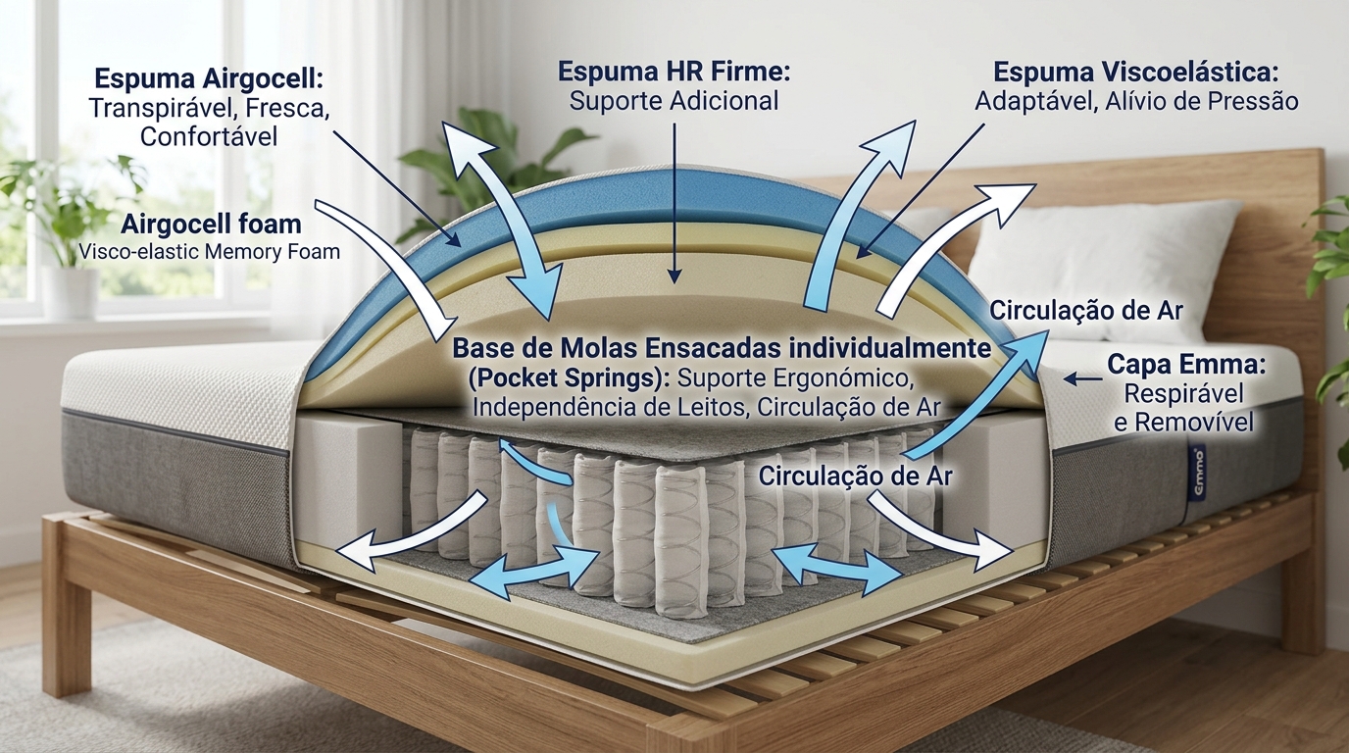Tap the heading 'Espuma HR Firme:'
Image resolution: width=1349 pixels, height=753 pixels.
coord(674,72)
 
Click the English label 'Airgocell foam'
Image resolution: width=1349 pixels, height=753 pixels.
coord(210,224)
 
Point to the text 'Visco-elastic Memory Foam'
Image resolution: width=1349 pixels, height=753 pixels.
coord(209,252)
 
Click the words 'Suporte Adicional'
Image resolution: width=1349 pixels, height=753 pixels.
coord(674,100)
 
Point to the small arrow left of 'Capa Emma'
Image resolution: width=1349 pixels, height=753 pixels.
coord(1081,376)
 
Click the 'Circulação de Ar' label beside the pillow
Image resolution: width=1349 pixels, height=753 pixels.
coord(1086,311)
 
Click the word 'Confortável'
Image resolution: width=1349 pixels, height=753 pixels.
coord(209,135)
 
